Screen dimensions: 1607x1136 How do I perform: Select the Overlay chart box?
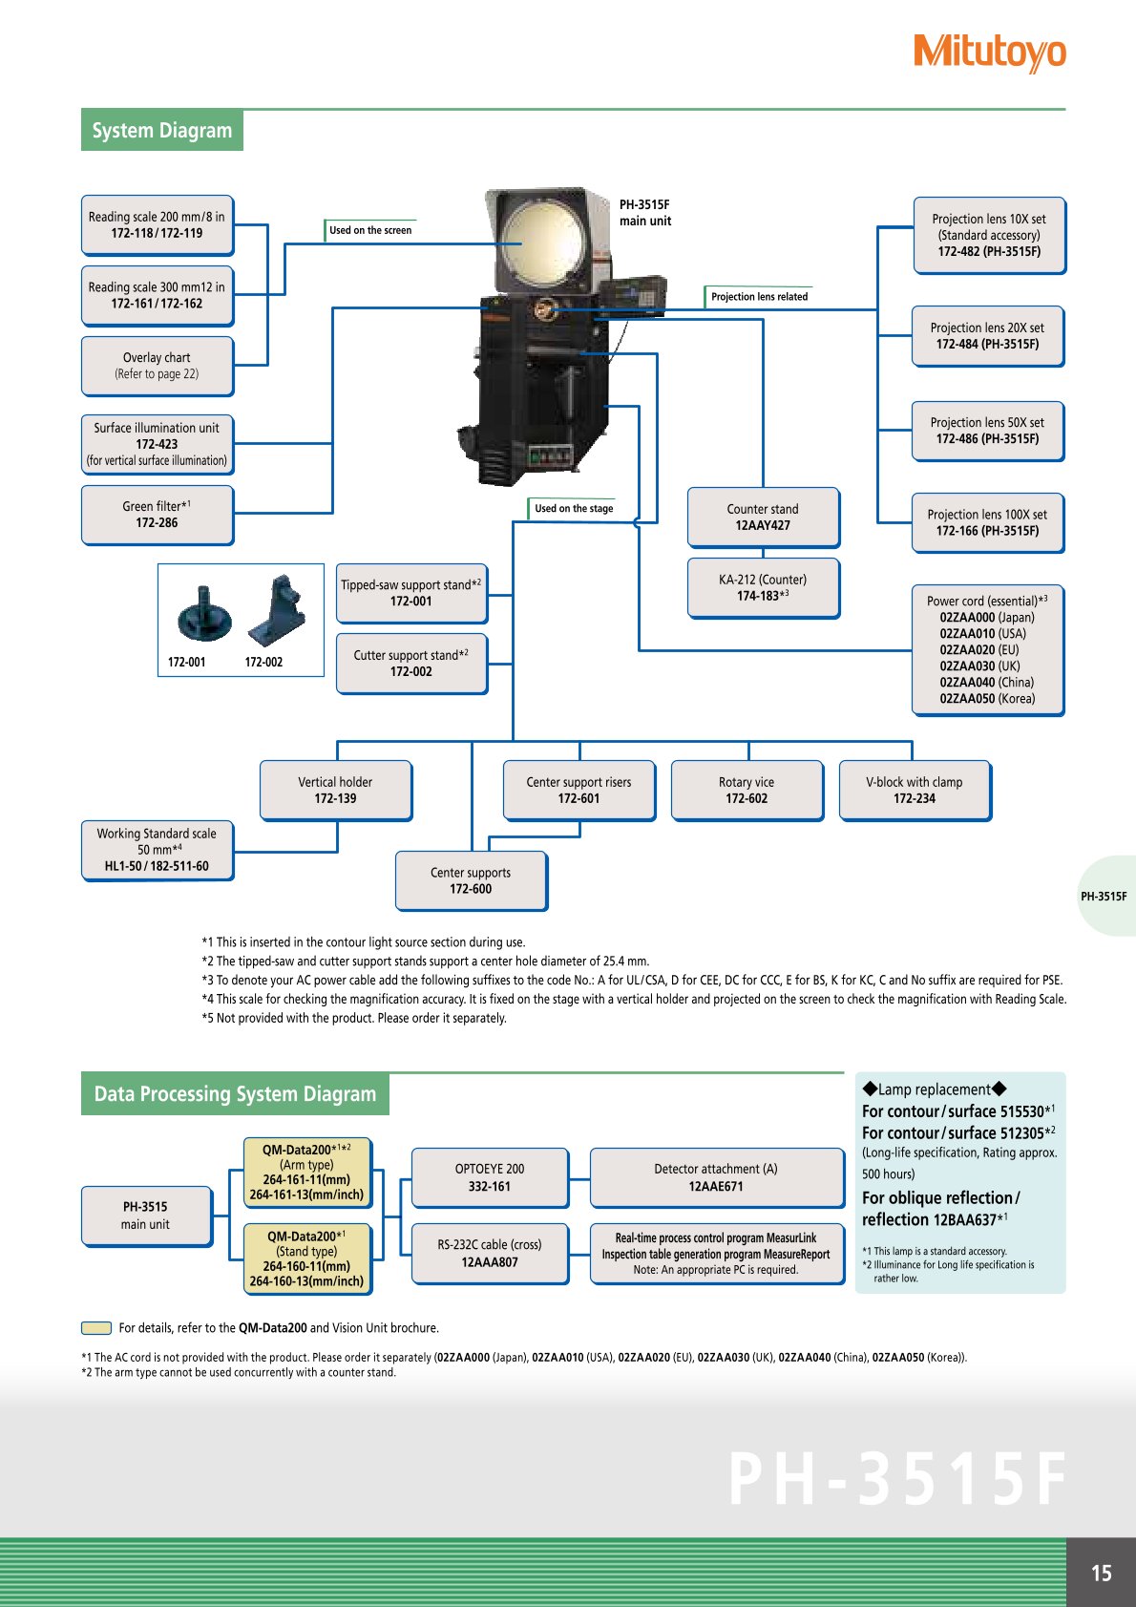click(x=158, y=366)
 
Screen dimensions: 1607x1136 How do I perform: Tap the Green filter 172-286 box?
click(x=158, y=515)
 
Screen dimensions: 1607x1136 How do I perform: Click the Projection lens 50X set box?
click(x=987, y=431)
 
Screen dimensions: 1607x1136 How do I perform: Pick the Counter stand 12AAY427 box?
click(x=763, y=517)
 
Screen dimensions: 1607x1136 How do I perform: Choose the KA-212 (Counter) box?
click(x=763, y=587)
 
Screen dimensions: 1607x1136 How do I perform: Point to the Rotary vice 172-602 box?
click(x=747, y=790)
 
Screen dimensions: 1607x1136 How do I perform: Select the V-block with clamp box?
click(x=915, y=790)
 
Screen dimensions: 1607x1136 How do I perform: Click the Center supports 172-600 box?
click(x=471, y=880)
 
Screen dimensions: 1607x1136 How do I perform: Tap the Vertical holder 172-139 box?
click(x=335, y=790)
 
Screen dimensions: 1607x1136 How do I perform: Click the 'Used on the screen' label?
click(x=370, y=230)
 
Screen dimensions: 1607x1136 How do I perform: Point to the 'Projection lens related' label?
click(x=759, y=297)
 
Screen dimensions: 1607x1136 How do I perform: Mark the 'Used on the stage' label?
click(x=573, y=509)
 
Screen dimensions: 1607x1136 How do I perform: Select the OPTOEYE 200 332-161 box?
click(x=490, y=1177)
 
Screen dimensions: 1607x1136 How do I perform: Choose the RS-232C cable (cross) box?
click(x=490, y=1254)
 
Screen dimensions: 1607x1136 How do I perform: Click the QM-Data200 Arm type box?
click(x=306, y=1172)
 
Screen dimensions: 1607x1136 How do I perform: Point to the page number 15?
click(x=1102, y=1573)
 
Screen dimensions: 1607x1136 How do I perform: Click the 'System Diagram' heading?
click(x=162, y=131)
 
